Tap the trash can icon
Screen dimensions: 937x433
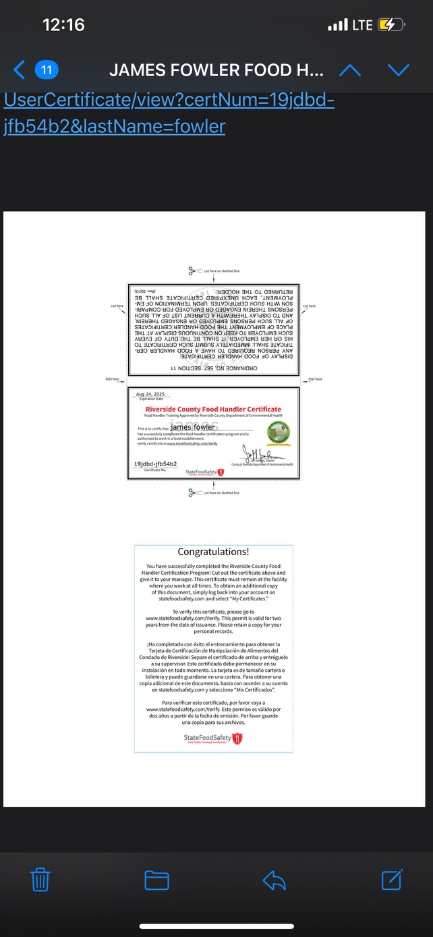coord(40,880)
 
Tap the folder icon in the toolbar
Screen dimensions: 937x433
coord(156,880)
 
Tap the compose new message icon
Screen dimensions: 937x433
coord(392,880)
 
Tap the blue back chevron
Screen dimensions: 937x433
coord(20,69)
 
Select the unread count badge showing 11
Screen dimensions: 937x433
coord(47,69)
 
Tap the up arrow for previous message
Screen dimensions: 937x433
coord(349,70)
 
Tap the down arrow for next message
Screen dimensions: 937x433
coord(399,70)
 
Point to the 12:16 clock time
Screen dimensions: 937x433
coord(63,25)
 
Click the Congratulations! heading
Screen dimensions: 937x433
coord(213,552)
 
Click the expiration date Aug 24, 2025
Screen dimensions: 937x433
coord(150,394)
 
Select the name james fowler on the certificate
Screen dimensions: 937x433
coord(193,427)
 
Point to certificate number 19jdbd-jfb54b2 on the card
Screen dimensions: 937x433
coord(155,464)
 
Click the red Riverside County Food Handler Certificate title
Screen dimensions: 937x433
coord(213,409)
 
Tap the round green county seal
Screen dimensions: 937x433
coord(279,431)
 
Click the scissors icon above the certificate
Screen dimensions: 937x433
coord(193,271)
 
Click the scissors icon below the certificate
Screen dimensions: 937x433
coord(193,492)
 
